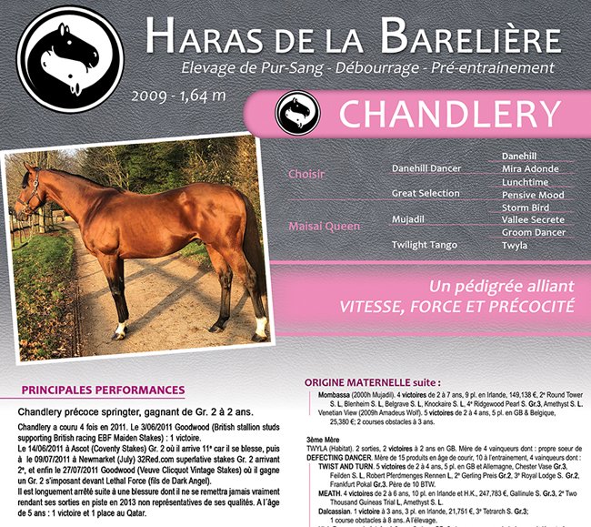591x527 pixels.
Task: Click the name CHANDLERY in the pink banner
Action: tap(448, 115)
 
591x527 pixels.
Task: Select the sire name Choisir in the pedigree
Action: tap(306, 174)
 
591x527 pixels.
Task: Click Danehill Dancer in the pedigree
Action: tap(426, 168)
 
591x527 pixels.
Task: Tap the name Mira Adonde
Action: tap(531, 169)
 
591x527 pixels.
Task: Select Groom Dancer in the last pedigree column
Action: tap(534, 233)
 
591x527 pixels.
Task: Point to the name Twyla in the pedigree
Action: tap(516, 246)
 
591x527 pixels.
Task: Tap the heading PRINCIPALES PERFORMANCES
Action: tap(103, 390)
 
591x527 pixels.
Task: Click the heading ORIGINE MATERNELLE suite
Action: tap(373, 383)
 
